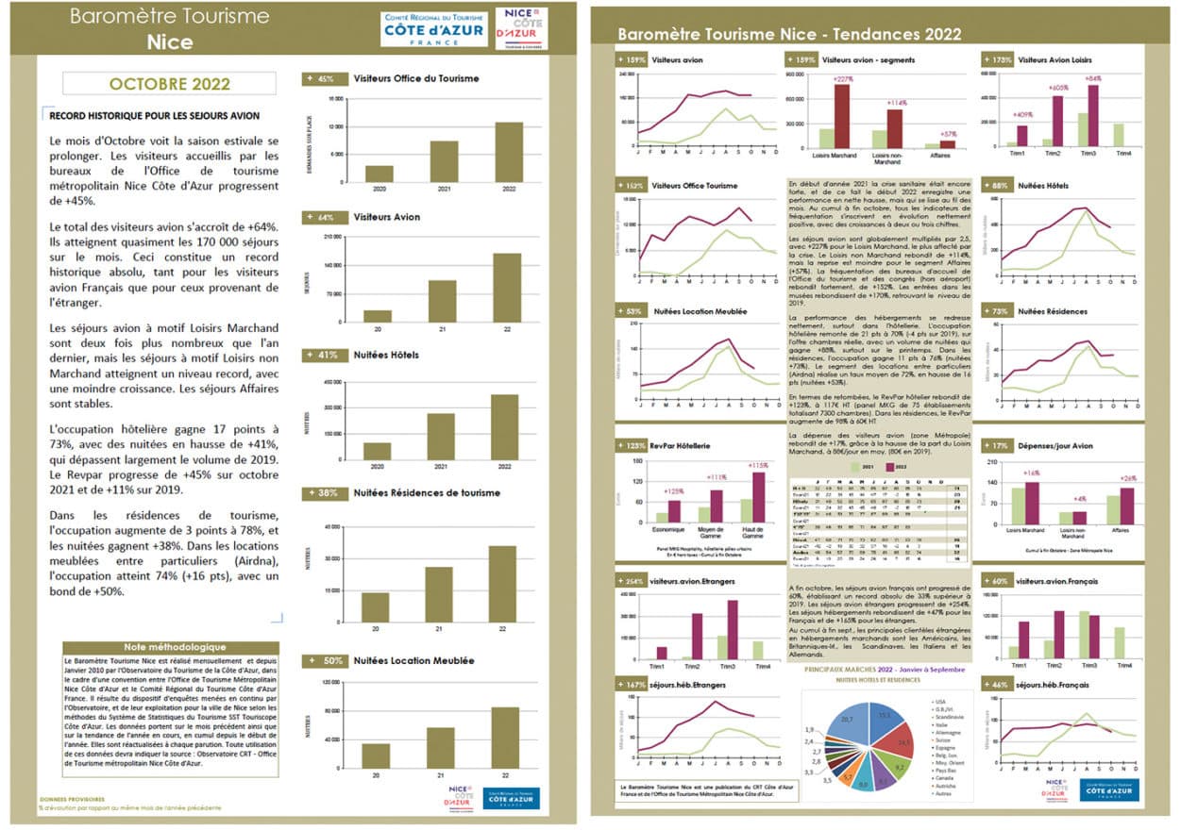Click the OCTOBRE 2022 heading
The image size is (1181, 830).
click(169, 83)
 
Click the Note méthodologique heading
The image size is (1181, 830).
click(175, 647)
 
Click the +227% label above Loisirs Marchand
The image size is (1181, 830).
click(841, 80)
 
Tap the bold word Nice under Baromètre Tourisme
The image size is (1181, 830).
click(170, 42)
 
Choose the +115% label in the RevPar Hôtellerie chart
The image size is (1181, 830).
click(759, 465)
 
